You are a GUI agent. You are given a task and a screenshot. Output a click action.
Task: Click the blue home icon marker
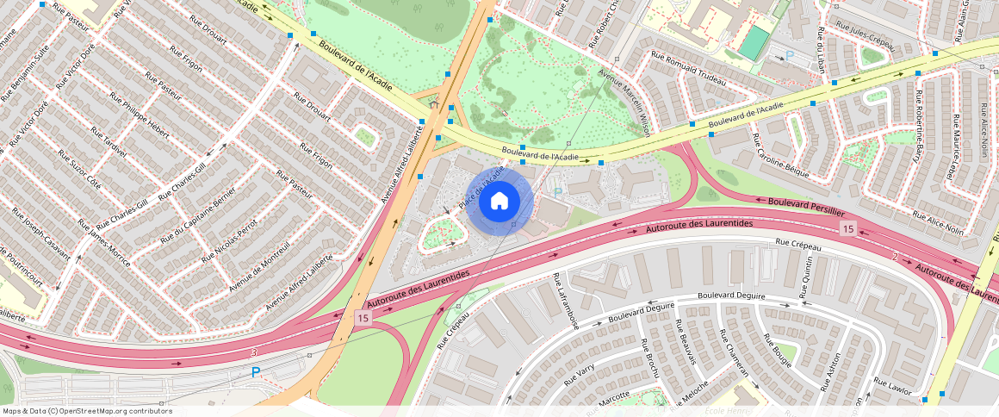[x=499, y=202]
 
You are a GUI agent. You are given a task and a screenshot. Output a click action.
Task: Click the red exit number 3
[x=254, y=352]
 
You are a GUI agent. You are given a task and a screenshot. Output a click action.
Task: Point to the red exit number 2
[x=895, y=257]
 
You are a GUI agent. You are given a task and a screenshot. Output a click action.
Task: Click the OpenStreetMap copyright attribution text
[x=87, y=411]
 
